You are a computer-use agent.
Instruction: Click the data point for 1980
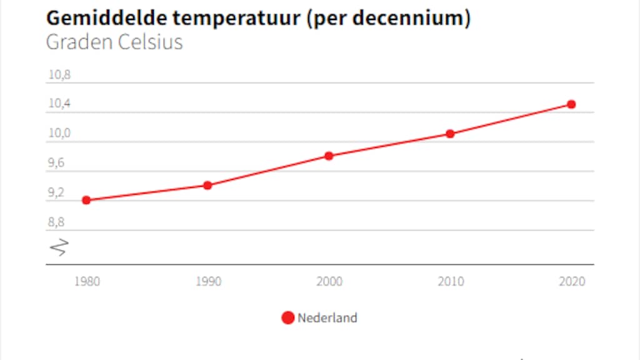tap(86, 200)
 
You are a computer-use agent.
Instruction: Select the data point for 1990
tap(207, 185)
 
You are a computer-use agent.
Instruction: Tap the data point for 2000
tap(329, 156)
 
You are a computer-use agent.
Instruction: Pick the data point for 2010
tap(450, 134)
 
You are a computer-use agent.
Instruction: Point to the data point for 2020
tap(571, 104)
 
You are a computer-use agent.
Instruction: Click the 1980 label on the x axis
tap(86, 281)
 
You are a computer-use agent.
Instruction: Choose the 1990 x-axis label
tap(208, 281)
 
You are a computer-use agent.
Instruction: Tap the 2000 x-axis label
tap(329, 281)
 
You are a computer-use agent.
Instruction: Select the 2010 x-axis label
tap(451, 281)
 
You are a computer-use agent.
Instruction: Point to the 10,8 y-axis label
tap(59, 75)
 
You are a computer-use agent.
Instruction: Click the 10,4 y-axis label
tap(59, 104)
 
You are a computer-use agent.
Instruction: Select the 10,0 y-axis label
tap(59, 134)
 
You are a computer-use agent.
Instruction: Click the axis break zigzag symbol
tap(58, 247)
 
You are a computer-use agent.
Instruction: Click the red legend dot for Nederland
tap(287, 317)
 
